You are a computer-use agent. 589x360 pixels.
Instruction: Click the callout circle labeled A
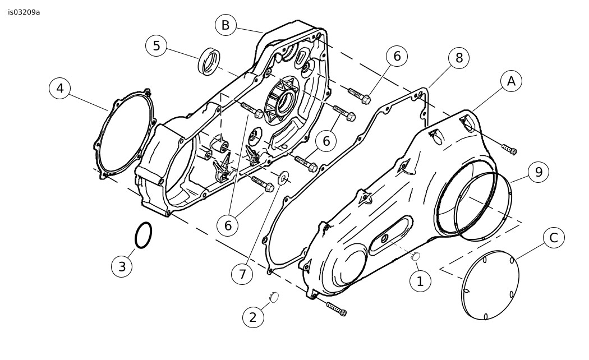click(x=511, y=81)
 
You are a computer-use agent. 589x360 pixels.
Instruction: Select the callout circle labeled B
click(x=226, y=25)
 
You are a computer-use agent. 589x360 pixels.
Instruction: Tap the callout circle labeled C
click(x=554, y=238)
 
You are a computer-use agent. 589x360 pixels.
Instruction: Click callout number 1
click(x=420, y=281)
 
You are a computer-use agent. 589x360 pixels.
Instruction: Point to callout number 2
click(x=253, y=317)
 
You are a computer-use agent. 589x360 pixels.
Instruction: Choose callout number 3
click(x=122, y=266)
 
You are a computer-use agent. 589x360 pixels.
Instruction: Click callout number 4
click(x=59, y=88)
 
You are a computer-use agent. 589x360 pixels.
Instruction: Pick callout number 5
click(x=157, y=46)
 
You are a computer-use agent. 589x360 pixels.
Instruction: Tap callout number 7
click(x=242, y=274)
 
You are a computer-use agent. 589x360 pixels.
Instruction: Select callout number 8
click(x=459, y=58)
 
